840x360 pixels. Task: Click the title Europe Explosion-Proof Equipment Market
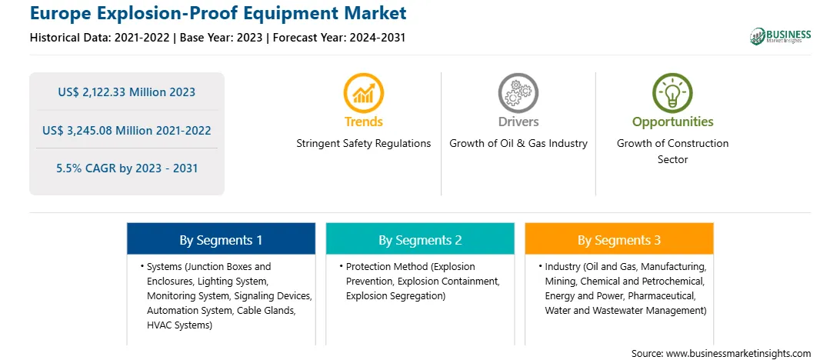pyautogui.click(x=218, y=13)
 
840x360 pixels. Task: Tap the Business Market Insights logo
pyautogui.click(x=781, y=36)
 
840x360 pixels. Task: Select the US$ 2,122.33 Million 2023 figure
pyautogui.click(x=126, y=92)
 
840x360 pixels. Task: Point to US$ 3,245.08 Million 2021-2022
pyautogui.click(x=126, y=130)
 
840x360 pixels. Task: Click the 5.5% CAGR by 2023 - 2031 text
pyautogui.click(x=127, y=168)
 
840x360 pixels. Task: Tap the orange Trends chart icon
pyautogui.click(x=364, y=92)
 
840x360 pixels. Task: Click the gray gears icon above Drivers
pyautogui.click(x=518, y=92)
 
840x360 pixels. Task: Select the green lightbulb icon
pyautogui.click(x=672, y=92)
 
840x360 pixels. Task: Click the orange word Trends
pyautogui.click(x=364, y=122)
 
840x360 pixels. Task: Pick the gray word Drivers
pyautogui.click(x=518, y=122)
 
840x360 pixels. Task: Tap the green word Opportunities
pyautogui.click(x=672, y=122)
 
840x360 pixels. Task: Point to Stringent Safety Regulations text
pyautogui.click(x=364, y=144)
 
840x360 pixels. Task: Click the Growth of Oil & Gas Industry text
pyautogui.click(x=518, y=144)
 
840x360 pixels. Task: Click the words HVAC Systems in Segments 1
pyautogui.click(x=178, y=325)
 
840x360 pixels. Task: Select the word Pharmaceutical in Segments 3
pyautogui.click(x=662, y=295)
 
